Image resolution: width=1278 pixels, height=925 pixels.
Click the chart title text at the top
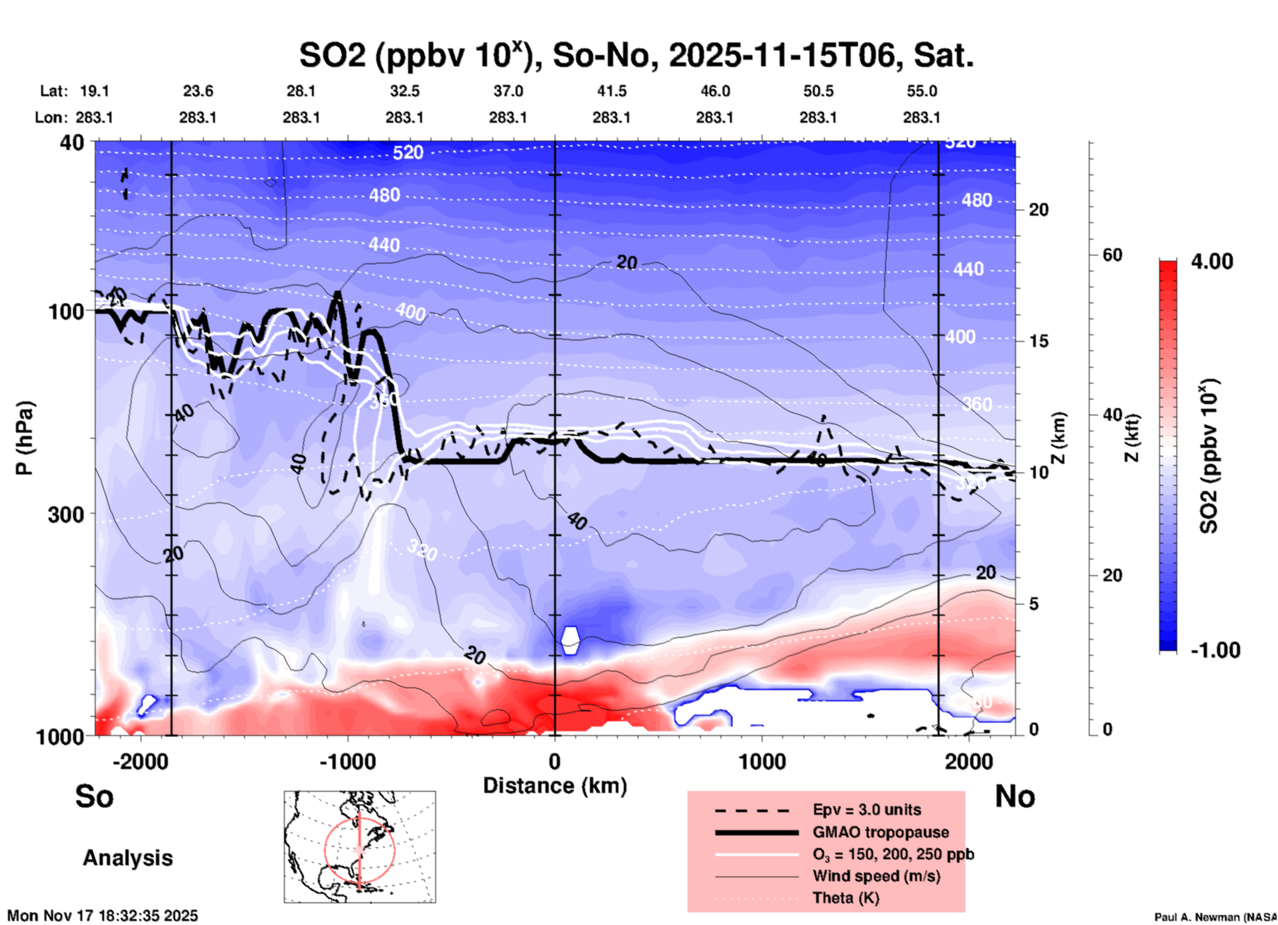(636, 56)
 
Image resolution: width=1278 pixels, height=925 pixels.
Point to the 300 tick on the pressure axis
(66, 514)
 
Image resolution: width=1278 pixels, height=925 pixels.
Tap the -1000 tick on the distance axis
(348, 761)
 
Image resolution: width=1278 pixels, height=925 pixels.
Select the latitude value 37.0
(508, 91)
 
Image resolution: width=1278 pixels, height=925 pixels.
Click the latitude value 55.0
(921, 91)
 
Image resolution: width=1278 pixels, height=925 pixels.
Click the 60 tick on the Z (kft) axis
(1111, 255)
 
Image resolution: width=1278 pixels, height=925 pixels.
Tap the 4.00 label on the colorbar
(1212, 261)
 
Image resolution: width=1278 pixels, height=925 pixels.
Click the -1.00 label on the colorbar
(1215, 650)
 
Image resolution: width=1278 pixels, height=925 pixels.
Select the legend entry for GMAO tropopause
(881, 832)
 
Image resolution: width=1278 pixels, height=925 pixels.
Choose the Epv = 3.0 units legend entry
(866, 810)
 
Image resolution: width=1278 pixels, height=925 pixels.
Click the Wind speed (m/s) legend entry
(876, 876)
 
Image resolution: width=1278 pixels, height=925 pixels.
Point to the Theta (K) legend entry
(845, 898)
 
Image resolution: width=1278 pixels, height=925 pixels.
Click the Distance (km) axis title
(555, 786)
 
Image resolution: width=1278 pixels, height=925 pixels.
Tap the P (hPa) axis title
(25, 437)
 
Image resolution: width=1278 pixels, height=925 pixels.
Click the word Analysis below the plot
(127, 857)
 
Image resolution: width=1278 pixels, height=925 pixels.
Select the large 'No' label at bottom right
(1015, 796)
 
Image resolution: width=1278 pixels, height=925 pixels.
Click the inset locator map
(360, 846)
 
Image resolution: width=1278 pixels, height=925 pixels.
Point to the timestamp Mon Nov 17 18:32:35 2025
(103, 916)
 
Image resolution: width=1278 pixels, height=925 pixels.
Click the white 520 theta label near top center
(407, 153)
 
